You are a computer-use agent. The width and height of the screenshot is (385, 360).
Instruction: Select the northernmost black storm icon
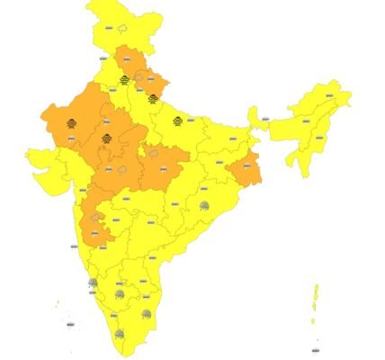(x=124, y=80)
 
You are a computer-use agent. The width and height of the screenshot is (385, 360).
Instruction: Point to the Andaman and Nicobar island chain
(x=316, y=301)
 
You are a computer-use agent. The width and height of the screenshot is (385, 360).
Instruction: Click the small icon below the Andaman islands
(x=315, y=349)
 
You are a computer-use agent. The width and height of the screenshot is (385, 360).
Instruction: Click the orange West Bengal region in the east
(x=245, y=168)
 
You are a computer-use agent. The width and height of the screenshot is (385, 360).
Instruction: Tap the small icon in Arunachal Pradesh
(x=330, y=94)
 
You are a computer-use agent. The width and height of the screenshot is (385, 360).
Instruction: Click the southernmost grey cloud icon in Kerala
(x=118, y=335)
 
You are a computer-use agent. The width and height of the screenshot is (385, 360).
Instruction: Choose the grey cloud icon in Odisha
(x=205, y=209)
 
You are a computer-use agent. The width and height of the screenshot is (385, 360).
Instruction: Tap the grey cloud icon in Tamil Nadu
(x=147, y=314)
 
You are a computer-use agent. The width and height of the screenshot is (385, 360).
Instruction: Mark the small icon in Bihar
(x=231, y=139)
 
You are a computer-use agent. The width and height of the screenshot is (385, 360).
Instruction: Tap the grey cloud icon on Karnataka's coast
(x=93, y=284)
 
